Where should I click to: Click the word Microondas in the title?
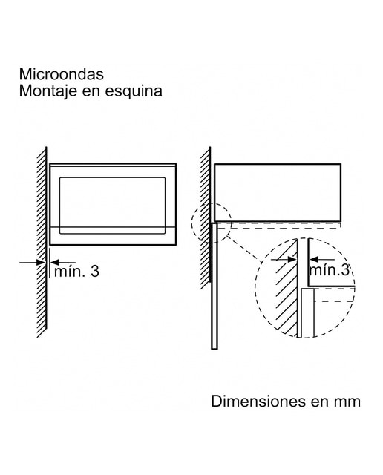tap(62, 74)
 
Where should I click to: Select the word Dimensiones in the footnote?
tap(258, 402)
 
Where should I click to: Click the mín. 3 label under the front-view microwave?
tap(76, 271)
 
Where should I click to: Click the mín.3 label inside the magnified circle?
tap(330, 270)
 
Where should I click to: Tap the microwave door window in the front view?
tap(112, 206)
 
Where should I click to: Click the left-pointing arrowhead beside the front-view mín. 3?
tap(54, 262)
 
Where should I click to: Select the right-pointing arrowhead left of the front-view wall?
tap(42, 262)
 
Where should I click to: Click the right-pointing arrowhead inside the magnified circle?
tap(292, 260)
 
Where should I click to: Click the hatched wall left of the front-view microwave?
tap(42, 242)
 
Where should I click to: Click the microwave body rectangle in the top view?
tap(278, 193)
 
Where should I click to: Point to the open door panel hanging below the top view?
tap(215, 286)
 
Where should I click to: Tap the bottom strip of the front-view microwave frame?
tap(113, 236)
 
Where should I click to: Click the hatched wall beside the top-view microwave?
tap(206, 218)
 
